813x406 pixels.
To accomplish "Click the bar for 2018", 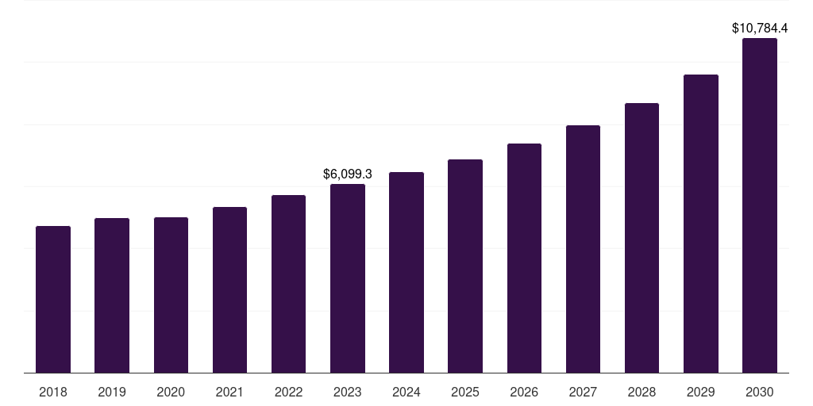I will pos(53,299).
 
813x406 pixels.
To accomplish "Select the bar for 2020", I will pos(171,295).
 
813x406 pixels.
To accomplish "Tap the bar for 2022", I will pos(288,284).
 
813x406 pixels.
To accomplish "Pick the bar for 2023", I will pos(348,278).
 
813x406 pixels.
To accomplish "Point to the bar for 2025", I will pos(465,266).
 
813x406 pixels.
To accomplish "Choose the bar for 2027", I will pos(583,249).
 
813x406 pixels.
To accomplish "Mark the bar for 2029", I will pos(701,224).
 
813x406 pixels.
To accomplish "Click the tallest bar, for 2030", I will pos(760,205).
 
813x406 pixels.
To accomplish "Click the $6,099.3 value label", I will pos(348,174).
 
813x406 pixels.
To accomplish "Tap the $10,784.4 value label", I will pos(760,28).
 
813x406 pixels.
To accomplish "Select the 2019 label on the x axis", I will pos(112,392).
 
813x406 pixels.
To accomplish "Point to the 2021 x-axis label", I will pos(229,392).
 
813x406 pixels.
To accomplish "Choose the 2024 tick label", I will pos(406,392).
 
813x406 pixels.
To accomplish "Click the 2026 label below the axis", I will pos(524,392).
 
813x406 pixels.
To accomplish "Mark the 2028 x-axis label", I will pos(642,392).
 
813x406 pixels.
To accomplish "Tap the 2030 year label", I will pos(760,392).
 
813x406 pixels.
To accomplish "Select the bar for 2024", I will pos(406,272).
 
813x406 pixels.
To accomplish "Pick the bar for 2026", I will pos(524,258).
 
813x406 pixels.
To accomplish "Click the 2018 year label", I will pos(53,392).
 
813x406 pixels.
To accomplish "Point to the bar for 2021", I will pos(229,289).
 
